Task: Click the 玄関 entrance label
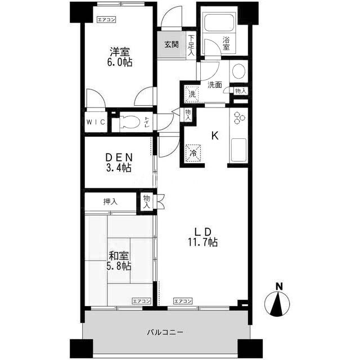pyautogui.click(x=172, y=44)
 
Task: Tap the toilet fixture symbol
pyautogui.click(x=129, y=121)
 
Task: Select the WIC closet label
pyautogui.click(x=96, y=122)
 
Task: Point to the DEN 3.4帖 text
pyautogui.click(x=119, y=163)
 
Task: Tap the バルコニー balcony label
pyautogui.click(x=165, y=332)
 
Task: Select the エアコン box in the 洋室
pyautogui.click(x=106, y=20)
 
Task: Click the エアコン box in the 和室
pyautogui.click(x=141, y=301)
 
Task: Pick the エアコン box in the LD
pyautogui.click(x=183, y=301)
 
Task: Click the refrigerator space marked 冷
pyautogui.click(x=193, y=153)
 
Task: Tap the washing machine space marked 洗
pyautogui.click(x=192, y=94)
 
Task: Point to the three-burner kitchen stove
pyautogui.click(x=239, y=118)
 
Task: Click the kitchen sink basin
pyautogui.click(x=238, y=150)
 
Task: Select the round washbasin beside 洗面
pyautogui.click(x=238, y=71)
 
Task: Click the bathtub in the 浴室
pyautogui.click(x=219, y=22)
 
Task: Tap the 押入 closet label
pyautogui.click(x=110, y=202)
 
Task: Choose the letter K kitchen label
pyautogui.click(x=215, y=136)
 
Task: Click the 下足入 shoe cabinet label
pyautogui.click(x=191, y=46)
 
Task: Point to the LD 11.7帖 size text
pyautogui.click(x=203, y=237)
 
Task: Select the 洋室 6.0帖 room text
pyautogui.click(x=120, y=57)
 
